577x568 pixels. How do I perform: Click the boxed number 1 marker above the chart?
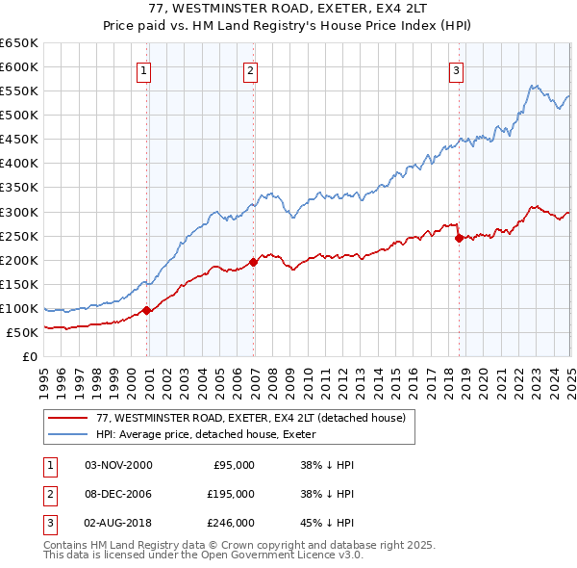[143, 69]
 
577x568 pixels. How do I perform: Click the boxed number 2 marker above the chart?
[250, 69]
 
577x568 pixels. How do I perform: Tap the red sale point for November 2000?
[147, 310]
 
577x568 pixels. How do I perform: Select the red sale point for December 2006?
[254, 262]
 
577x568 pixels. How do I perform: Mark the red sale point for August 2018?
[459, 238]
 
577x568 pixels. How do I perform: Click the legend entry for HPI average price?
[213, 434]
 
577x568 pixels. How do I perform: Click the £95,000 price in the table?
[233, 465]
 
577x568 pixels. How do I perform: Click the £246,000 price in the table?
[231, 523]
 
